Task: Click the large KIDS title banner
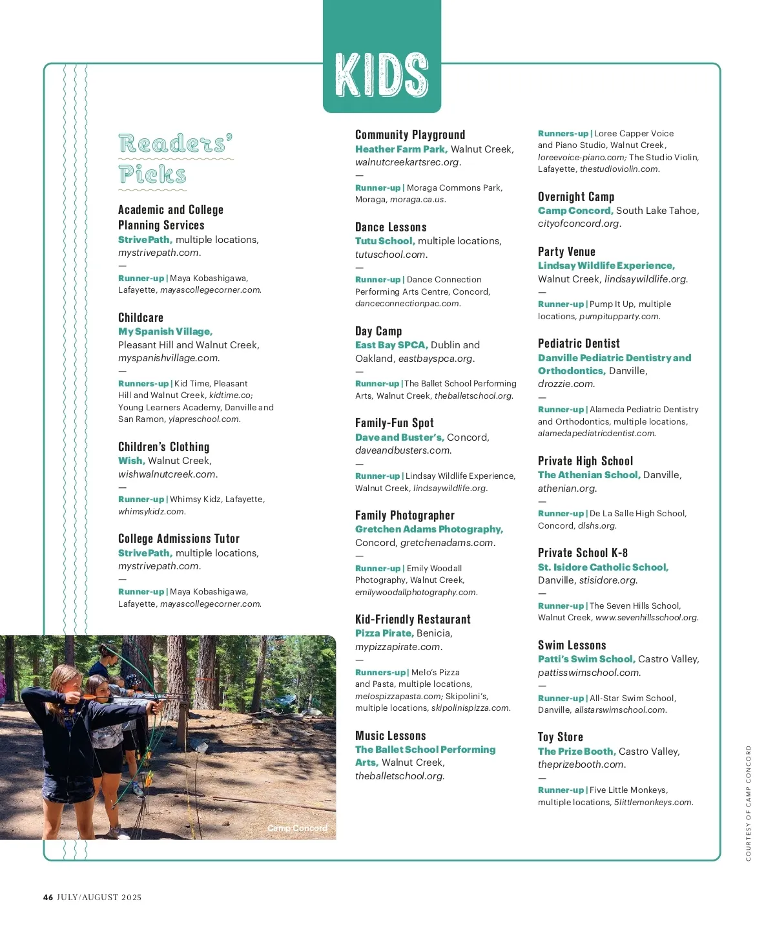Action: [x=382, y=74]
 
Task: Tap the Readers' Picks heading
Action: [x=174, y=159]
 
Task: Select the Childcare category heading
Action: [x=141, y=317]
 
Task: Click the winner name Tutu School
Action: [x=384, y=241]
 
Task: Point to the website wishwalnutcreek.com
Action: [x=167, y=474]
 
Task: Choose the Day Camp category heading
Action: [x=378, y=331]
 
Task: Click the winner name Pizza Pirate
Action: [x=384, y=633]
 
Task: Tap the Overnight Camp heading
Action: [x=576, y=196]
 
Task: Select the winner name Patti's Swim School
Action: [x=586, y=659]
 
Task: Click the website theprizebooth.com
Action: [x=581, y=764]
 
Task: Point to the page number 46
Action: [x=48, y=897]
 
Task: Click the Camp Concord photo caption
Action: [x=297, y=828]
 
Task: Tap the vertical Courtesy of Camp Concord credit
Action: [x=749, y=803]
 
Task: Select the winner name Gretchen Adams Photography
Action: [x=429, y=529]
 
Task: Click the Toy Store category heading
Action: [x=561, y=737]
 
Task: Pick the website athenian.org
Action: [x=567, y=489]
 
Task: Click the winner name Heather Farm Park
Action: [x=400, y=149]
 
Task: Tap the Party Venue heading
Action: [x=566, y=251]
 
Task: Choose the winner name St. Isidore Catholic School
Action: [x=603, y=567]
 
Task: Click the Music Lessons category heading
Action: [x=391, y=735]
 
